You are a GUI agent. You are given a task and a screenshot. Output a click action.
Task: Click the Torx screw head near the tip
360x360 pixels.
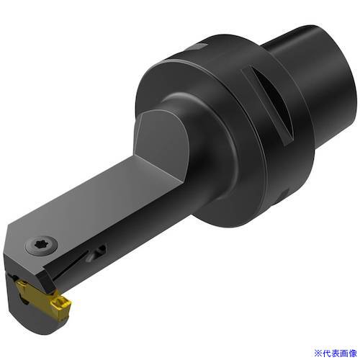click(x=42, y=246)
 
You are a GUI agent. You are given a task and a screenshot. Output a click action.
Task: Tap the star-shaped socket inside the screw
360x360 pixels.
click(x=41, y=245)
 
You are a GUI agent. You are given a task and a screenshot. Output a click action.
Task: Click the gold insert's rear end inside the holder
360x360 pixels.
click(x=24, y=287)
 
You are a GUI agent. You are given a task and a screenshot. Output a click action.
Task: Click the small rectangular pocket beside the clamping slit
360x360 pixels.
click(x=97, y=253)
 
